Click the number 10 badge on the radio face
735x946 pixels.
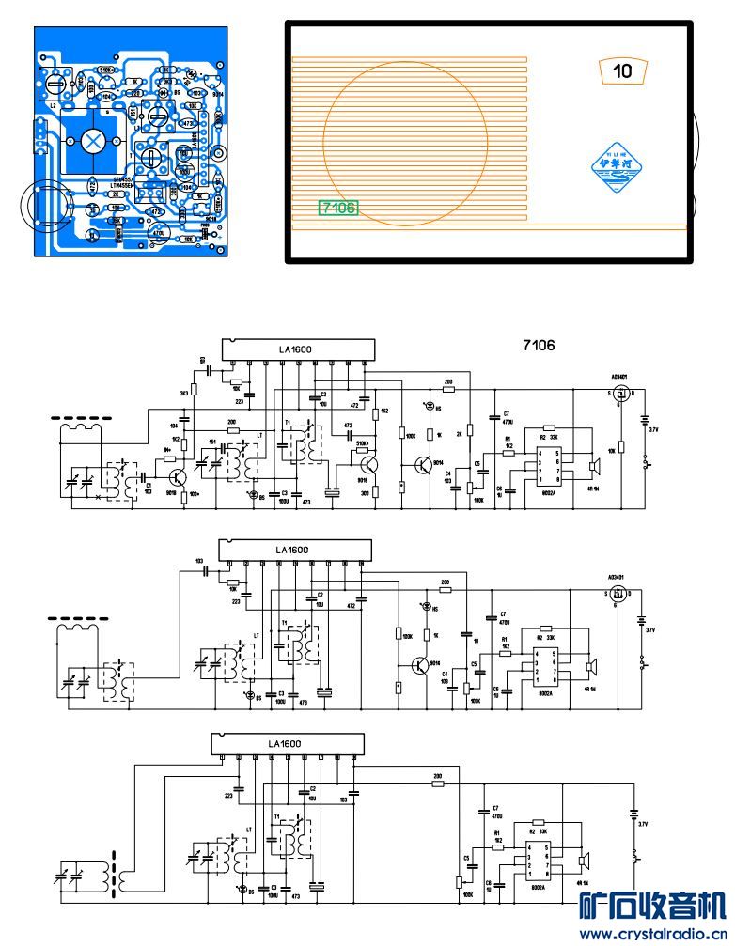tap(622, 70)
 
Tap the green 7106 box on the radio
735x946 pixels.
tap(338, 208)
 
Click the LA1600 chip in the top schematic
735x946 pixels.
tap(295, 350)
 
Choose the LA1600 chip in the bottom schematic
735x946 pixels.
tap(285, 744)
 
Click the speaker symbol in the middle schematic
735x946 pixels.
tap(592, 666)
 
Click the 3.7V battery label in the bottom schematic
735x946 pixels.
tap(643, 824)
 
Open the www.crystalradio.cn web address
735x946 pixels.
tap(652, 934)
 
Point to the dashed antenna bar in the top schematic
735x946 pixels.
tap(85, 416)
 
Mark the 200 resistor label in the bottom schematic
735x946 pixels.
tap(438, 777)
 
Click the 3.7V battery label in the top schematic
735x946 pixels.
tap(654, 429)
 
